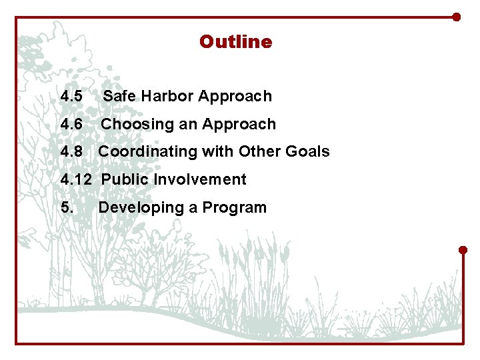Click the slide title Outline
235,42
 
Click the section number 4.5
71,96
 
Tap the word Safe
119,96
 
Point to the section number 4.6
71,124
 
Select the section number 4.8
71,152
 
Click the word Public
125,180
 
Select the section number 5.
67,208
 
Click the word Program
234,208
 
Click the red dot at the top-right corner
456,17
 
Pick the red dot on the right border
463,250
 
